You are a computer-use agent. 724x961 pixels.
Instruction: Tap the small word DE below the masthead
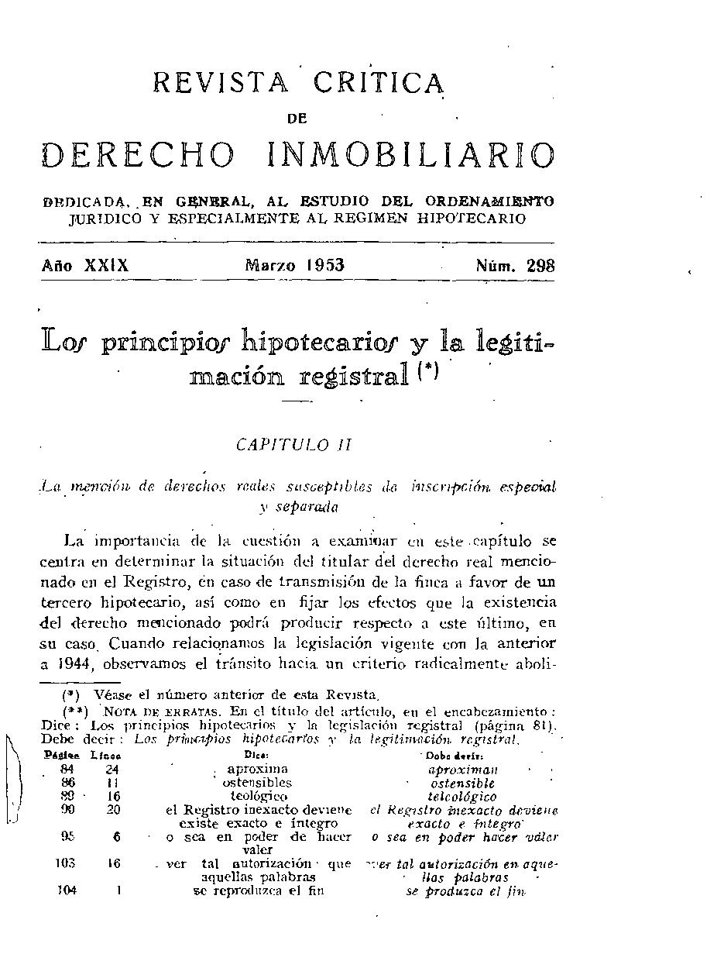[x=297, y=119]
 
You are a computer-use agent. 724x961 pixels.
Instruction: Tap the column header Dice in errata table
[x=256, y=754]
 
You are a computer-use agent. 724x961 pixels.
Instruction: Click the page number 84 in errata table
[x=69, y=770]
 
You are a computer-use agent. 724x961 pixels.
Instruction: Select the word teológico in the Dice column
[x=259, y=796]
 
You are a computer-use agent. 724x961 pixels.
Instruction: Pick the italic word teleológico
[x=462, y=797]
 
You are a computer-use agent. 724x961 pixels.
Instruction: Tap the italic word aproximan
[x=462, y=770]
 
